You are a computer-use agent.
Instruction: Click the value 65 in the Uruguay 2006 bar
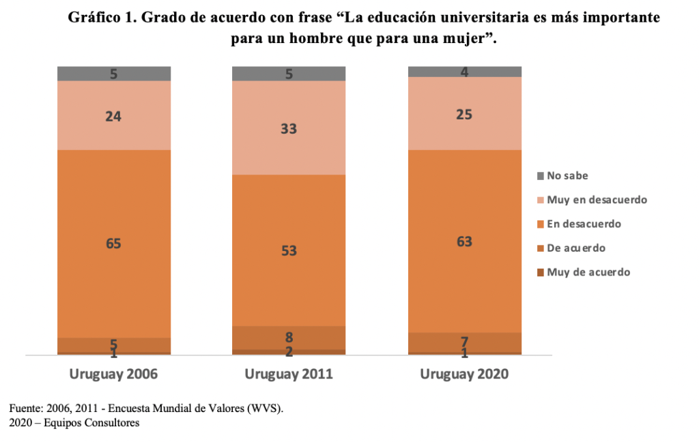point(114,243)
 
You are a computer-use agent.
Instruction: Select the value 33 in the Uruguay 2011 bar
point(289,128)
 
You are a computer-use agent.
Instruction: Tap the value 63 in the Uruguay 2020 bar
point(464,241)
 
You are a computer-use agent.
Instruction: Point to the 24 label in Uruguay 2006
point(114,116)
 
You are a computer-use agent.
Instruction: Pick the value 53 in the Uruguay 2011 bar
point(289,250)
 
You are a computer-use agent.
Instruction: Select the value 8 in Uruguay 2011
point(289,337)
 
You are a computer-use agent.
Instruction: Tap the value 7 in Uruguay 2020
point(464,341)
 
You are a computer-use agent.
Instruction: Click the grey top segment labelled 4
point(464,72)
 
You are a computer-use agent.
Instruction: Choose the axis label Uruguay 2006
point(114,374)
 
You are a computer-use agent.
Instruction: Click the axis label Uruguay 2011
point(289,374)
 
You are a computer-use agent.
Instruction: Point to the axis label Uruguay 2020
point(464,374)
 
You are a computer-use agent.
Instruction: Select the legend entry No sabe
point(567,176)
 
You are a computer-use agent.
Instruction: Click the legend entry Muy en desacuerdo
point(597,200)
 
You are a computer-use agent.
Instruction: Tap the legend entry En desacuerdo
point(584,224)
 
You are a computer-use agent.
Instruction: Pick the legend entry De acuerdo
point(576,248)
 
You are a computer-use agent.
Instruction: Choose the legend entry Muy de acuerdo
point(588,272)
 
